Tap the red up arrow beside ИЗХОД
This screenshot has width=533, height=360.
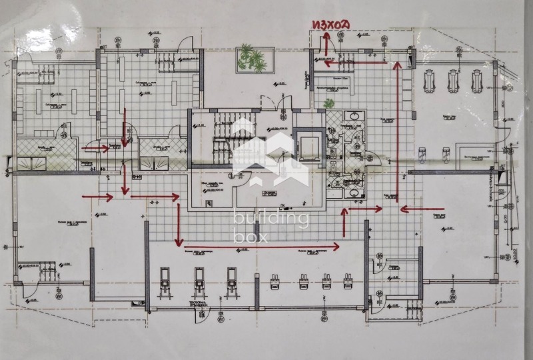click(x=322, y=46)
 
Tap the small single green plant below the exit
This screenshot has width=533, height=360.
click(x=328, y=103)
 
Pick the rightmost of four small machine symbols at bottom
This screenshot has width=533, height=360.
click(x=347, y=281)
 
